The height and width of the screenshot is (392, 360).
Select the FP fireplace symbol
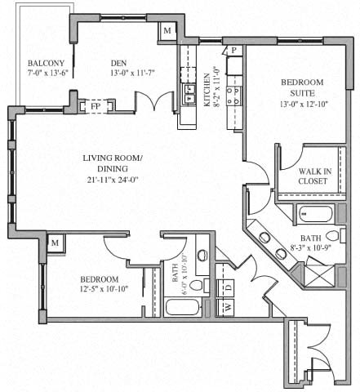95,105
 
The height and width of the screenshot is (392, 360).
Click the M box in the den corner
168,31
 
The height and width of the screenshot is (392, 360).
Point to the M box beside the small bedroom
56,244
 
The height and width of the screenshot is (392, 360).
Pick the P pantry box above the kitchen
233,51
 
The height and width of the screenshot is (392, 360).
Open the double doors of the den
155,105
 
